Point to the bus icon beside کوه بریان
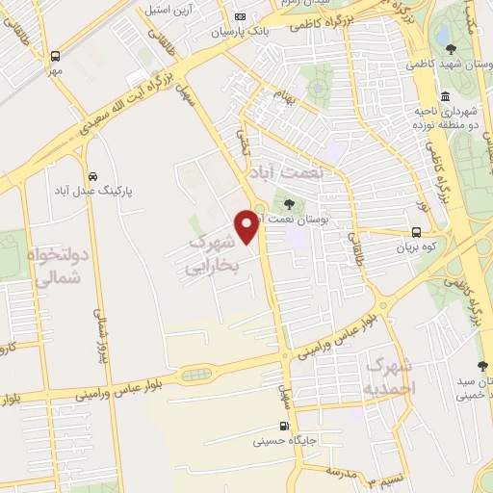[x=416, y=232]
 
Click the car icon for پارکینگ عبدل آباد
[x=91, y=176]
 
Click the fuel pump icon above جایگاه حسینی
[x=283, y=427]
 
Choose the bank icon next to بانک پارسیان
[x=241, y=16]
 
